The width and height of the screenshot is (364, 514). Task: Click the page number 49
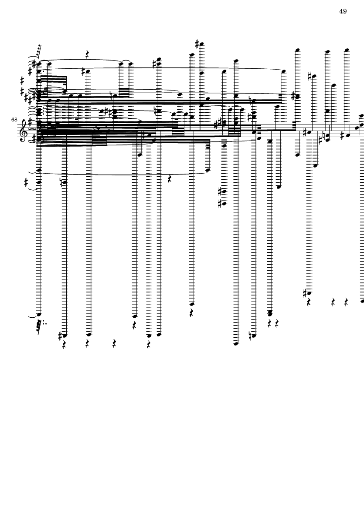(343, 11)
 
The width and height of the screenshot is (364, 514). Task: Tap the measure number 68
(14, 120)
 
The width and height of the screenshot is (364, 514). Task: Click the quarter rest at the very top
(87, 54)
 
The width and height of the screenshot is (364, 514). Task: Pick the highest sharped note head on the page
(201, 44)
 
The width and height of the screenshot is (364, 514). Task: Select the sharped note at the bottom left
(65, 336)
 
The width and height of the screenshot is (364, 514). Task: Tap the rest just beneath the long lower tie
(170, 179)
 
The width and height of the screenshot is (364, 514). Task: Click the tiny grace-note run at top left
(38, 51)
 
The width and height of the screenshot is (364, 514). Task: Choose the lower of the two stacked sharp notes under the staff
(224, 204)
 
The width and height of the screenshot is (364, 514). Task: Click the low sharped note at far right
(309, 293)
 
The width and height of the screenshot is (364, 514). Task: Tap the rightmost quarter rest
(346, 302)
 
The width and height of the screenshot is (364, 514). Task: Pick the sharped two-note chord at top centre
(159, 62)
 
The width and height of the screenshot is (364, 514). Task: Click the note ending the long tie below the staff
(208, 170)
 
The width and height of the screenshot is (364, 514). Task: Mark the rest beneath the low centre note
(191, 313)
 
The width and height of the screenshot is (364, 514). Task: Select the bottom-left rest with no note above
(114, 344)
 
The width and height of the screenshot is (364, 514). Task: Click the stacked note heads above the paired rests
(270, 313)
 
